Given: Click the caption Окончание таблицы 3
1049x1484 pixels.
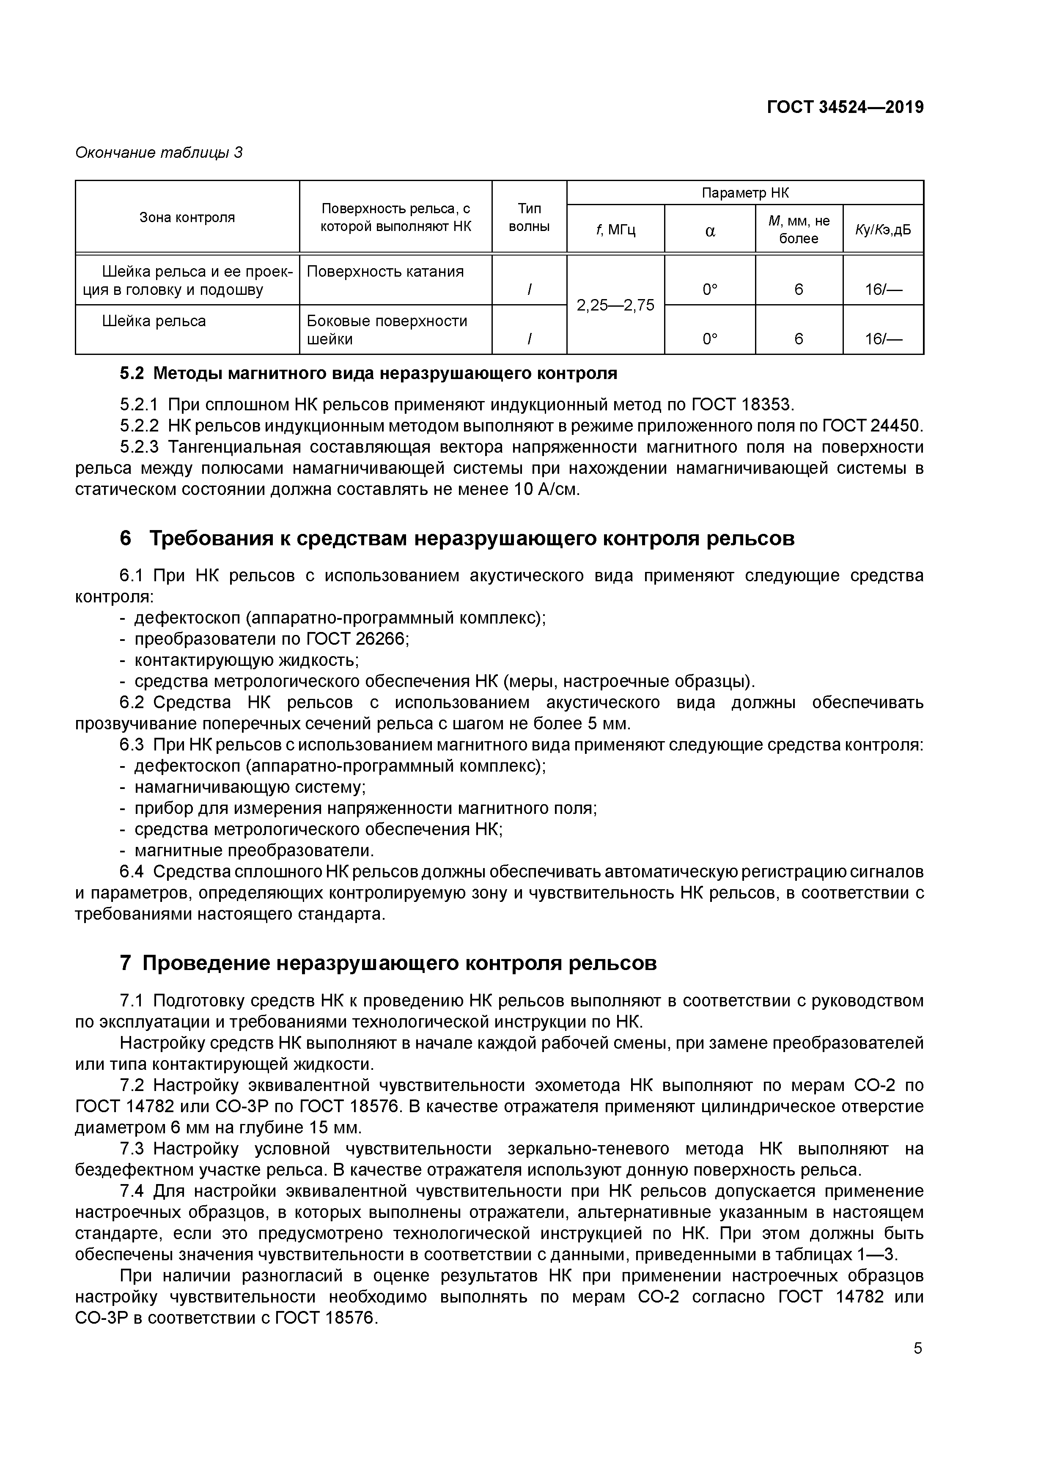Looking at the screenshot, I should pyautogui.click(x=159, y=153).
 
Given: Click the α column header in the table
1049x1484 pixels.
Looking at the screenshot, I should pyautogui.click(x=710, y=230).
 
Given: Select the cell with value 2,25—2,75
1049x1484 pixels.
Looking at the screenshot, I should pyautogui.click(x=615, y=305).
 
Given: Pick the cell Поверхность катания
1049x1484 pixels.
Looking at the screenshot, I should pyautogui.click(x=385, y=272).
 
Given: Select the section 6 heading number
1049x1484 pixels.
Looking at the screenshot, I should pyautogui.click(x=126, y=539).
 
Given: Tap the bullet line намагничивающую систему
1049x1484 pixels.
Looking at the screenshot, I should pyautogui.click(x=250, y=788).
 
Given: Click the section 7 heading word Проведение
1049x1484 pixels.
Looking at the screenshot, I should pyautogui.click(x=207, y=964).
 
